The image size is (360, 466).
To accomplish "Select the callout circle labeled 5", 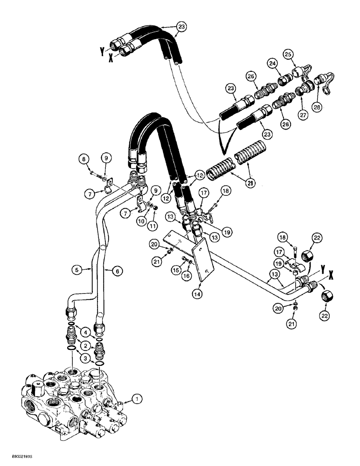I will (x=76, y=268).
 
